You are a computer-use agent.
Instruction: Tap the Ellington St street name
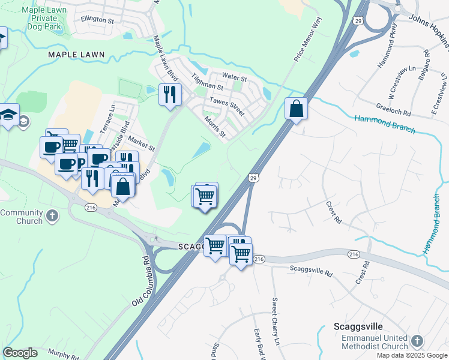click(x=97, y=20)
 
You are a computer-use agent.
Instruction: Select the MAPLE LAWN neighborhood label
click(x=76, y=55)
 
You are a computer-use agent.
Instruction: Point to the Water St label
click(x=234, y=78)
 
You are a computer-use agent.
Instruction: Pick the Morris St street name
click(x=214, y=127)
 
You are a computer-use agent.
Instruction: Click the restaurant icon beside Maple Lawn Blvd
click(x=170, y=94)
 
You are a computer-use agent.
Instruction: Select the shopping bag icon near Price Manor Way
click(x=296, y=109)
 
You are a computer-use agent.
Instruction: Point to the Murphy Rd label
click(x=63, y=356)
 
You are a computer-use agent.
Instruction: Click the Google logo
click(x=20, y=353)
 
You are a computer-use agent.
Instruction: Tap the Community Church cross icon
click(x=53, y=215)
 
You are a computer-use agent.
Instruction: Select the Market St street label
click(x=142, y=146)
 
